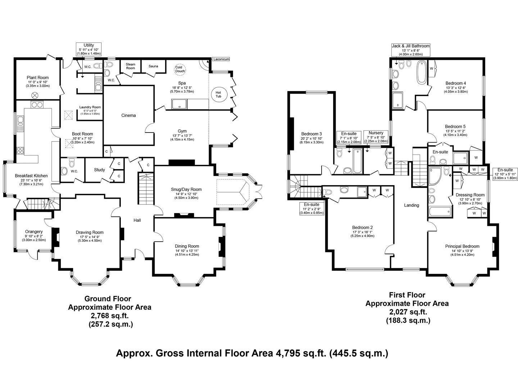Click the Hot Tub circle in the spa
[x=218, y=94]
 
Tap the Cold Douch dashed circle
[x=180, y=69]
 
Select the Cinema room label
[x=128, y=115]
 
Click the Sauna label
[x=153, y=66]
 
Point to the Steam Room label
[x=131, y=66]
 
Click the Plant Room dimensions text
[x=38, y=84]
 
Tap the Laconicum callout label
[x=221, y=59]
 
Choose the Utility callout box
[x=89, y=49]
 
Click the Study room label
[x=99, y=170]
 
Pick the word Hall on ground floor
[x=137, y=220]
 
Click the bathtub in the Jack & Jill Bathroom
[x=422, y=72]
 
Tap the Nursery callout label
[x=376, y=133]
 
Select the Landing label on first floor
[x=412, y=205]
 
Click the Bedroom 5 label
[x=455, y=126]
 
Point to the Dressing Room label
[x=470, y=195]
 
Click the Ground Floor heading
[x=108, y=299]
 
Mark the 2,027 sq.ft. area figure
[x=408, y=312]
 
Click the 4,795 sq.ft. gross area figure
[x=301, y=353]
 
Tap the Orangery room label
[x=34, y=232]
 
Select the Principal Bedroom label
[x=462, y=246]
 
